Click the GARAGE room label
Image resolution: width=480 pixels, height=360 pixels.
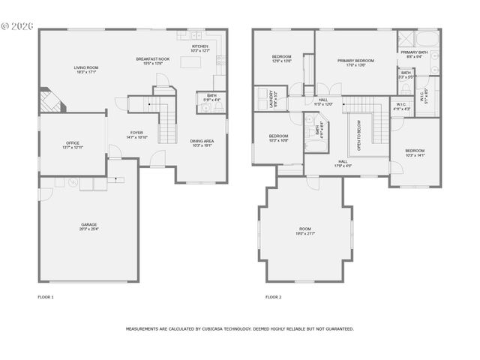[89, 224]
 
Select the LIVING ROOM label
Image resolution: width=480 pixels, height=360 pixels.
[85, 68]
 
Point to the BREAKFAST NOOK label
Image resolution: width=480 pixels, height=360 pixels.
[152, 58]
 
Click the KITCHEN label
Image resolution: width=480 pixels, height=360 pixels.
[199, 46]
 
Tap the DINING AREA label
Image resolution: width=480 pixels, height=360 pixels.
[202, 141]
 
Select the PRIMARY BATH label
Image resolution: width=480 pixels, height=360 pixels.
[418, 52]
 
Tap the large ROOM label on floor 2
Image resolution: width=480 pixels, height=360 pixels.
[305, 229]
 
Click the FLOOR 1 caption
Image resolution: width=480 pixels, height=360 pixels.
[46, 297]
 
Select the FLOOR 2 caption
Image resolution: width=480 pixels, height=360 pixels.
[274, 297]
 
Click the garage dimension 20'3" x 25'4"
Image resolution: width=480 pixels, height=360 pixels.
[89, 229]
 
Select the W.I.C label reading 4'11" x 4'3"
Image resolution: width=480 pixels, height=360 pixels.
[402, 106]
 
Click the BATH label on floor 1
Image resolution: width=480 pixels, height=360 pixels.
[211, 95]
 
